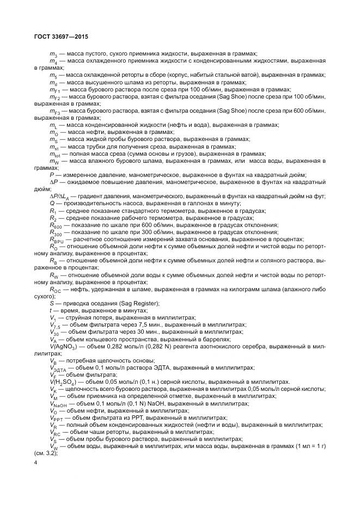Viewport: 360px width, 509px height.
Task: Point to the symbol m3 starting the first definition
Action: point(53,54)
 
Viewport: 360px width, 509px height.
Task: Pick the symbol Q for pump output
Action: point(51,203)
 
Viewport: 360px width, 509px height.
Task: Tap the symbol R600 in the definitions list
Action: point(55,225)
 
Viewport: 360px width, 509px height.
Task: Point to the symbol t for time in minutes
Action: point(51,310)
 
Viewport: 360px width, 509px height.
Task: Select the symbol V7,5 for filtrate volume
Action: point(55,324)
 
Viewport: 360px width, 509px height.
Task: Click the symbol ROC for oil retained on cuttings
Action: point(55,289)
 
